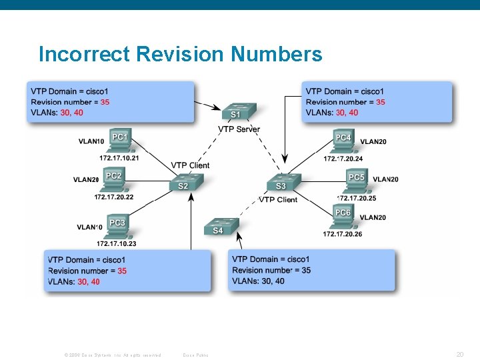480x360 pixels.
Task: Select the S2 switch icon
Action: point(183,183)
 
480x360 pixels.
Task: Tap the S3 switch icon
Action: point(283,182)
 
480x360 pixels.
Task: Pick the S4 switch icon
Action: point(219,227)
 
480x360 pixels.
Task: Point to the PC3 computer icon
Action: point(117,225)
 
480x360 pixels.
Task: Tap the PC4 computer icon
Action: point(343,141)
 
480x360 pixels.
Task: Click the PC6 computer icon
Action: point(343,215)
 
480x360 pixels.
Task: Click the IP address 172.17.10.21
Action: point(119,158)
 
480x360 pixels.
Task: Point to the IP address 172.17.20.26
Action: point(343,234)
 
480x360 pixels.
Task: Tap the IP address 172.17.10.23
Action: point(116,243)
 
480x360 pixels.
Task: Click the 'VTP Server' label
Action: point(239,129)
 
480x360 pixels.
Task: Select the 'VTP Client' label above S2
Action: point(190,165)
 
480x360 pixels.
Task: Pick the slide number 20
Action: point(459,355)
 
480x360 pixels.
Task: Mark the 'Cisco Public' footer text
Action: point(195,355)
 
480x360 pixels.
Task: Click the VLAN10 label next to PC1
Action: point(91,141)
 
